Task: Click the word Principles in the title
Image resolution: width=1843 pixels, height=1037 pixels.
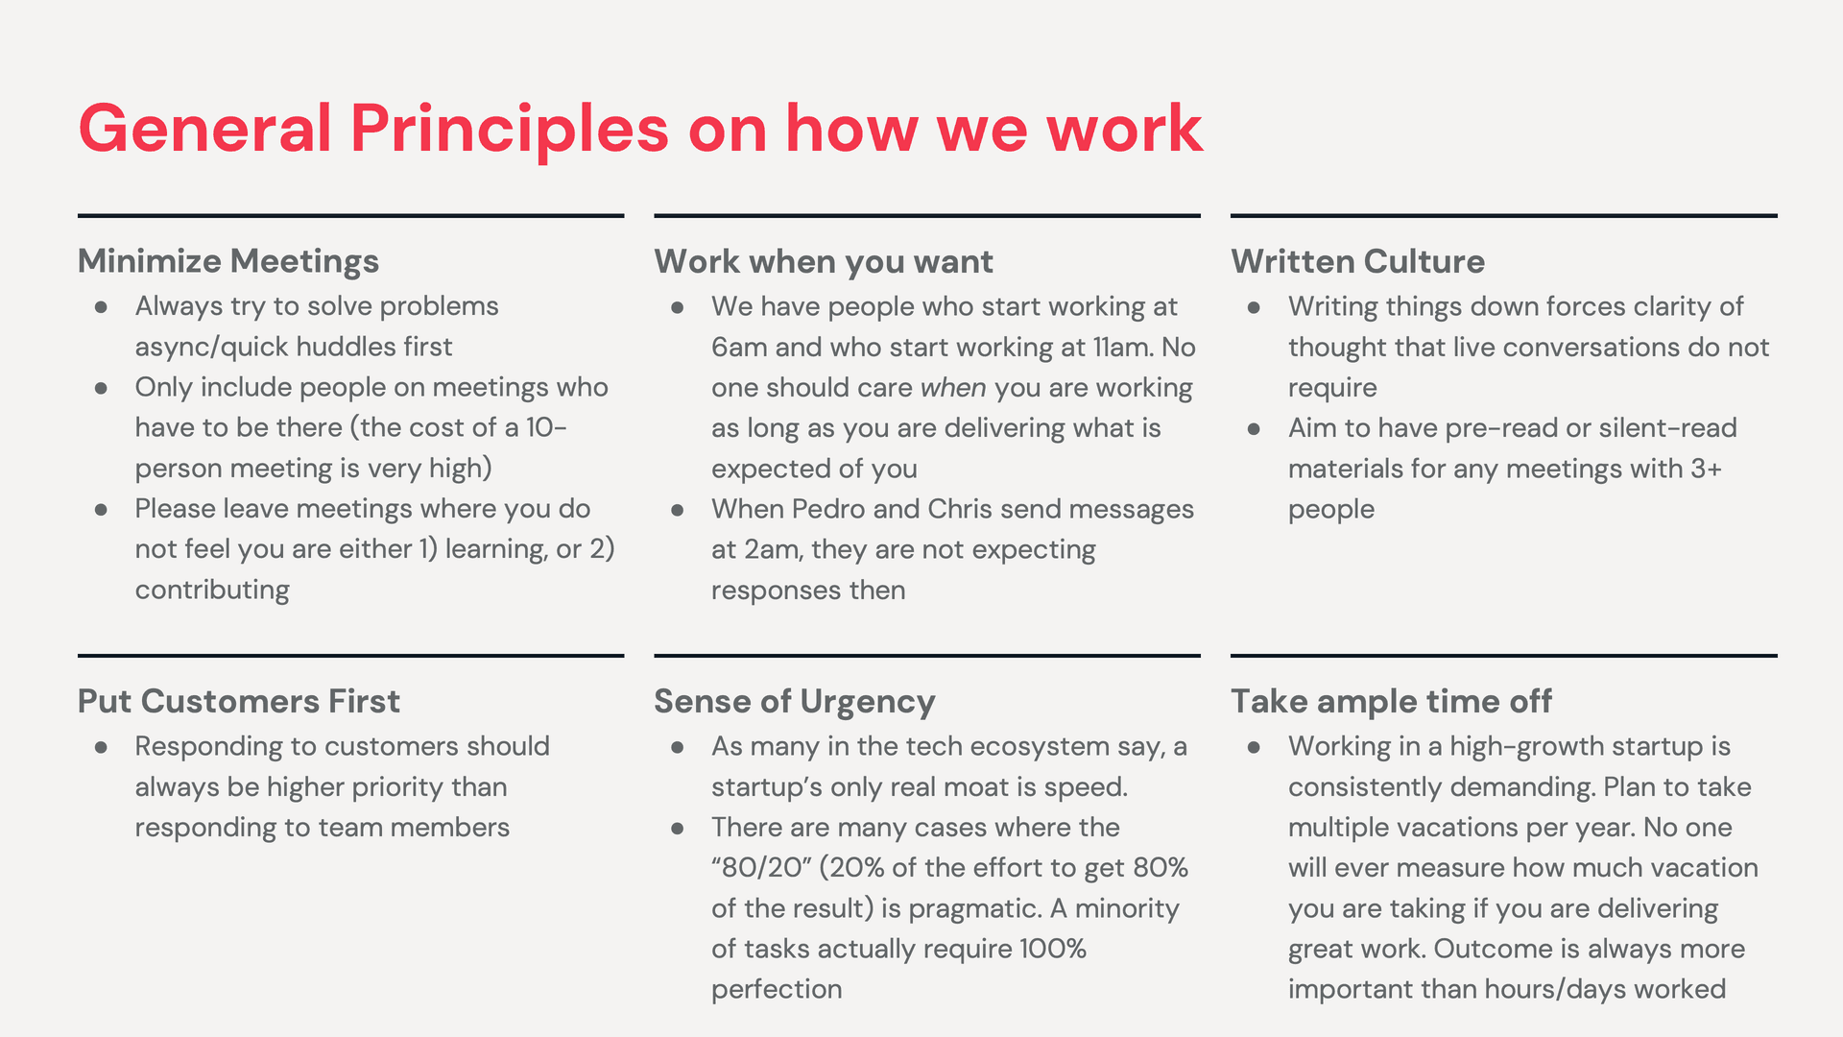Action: tap(509, 130)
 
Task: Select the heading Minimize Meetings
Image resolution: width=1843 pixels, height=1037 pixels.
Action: tap(228, 261)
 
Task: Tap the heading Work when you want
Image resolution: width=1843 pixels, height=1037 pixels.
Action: tap(824, 261)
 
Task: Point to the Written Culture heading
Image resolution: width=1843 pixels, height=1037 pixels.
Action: tap(1357, 261)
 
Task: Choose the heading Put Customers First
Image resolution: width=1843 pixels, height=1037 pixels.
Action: tap(238, 701)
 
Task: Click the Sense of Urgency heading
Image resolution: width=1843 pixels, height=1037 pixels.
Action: tap(794, 702)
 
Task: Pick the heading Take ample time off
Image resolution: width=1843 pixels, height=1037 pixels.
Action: tap(1391, 701)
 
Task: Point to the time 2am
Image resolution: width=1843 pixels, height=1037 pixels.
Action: tap(769, 550)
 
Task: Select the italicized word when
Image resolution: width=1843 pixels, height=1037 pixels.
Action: tap(952, 388)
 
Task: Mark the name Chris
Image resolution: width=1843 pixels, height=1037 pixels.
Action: tap(959, 509)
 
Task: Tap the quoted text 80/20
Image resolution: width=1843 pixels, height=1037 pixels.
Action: tap(762, 868)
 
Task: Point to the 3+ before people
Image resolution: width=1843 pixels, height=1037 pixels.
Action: tap(1706, 469)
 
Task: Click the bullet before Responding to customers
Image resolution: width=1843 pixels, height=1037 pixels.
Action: tap(101, 747)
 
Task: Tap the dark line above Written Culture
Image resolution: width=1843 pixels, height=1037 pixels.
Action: tap(1503, 216)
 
